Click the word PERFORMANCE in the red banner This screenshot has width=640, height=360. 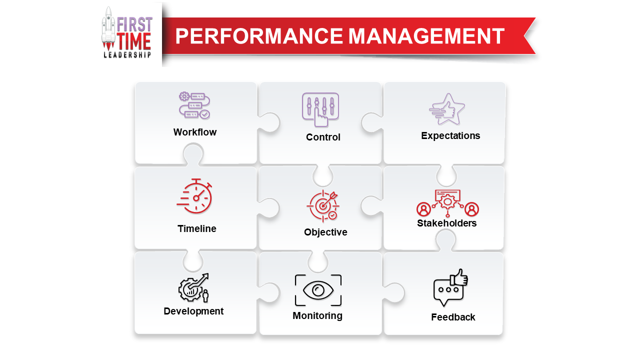[259, 36]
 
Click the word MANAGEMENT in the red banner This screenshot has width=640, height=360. [426, 36]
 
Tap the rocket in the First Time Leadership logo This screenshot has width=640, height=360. [108, 28]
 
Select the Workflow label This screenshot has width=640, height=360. [195, 132]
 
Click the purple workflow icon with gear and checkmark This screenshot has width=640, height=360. [194, 105]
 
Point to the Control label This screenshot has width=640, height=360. [323, 137]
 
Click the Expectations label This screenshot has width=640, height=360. [450, 135]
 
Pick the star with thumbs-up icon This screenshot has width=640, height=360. [447, 109]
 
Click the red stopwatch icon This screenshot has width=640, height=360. [194, 196]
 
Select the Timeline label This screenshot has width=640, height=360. [197, 228]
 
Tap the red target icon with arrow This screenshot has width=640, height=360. [323, 205]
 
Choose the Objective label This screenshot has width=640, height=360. [325, 232]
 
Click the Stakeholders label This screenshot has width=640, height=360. [447, 223]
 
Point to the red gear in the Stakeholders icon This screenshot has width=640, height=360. [447, 201]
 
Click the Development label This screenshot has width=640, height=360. [193, 311]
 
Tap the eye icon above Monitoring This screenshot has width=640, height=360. [318, 290]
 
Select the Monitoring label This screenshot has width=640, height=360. [317, 315]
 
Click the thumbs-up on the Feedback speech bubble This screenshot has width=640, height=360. [459, 277]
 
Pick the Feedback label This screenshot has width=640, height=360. [453, 317]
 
